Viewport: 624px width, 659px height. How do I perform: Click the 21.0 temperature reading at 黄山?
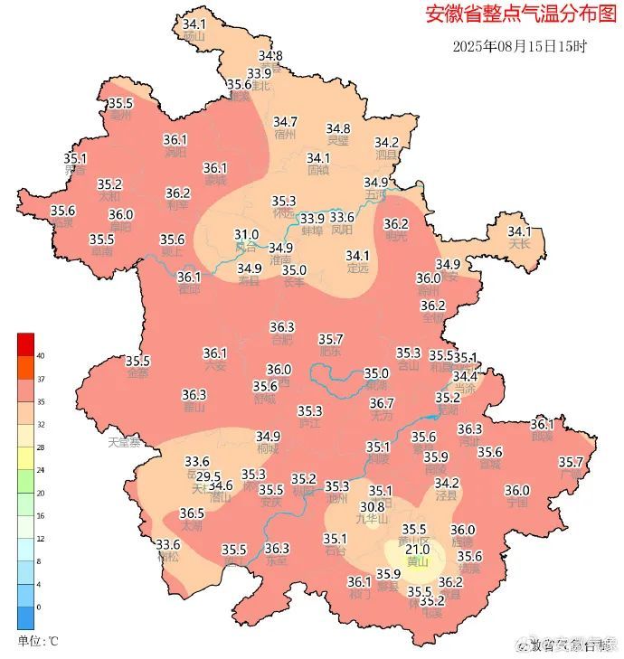pos(417,550)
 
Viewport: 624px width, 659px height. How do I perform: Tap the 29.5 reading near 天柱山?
pos(208,476)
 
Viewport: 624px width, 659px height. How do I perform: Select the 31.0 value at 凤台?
pos(246,234)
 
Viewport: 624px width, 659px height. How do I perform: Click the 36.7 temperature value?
pos(382,403)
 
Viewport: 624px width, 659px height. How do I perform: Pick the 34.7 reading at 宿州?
pos(286,122)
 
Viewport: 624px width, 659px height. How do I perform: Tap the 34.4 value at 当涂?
pos(465,376)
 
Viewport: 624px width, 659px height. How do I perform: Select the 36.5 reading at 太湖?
pos(192,513)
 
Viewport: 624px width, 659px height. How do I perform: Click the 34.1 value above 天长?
pos(519,231)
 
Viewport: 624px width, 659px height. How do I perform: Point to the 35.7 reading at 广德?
pos(571,462)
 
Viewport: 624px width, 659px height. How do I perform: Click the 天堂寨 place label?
pos(125,443)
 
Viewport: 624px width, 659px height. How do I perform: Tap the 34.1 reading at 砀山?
pos(194,24)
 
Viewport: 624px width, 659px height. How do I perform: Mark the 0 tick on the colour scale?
pos(39,607)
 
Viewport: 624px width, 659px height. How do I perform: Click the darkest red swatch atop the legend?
pos(25,344)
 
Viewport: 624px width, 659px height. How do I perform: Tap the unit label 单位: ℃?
pos(38,641)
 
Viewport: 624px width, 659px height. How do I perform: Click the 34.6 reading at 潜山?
pos(221,485)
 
